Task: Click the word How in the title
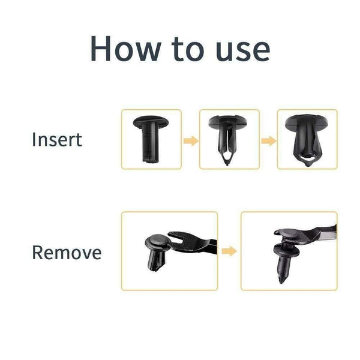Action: [125, 49]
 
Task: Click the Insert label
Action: [57, 139]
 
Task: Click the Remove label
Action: [67, 253]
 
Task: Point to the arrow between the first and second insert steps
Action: [191, 140]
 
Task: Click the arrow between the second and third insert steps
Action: [269, 140]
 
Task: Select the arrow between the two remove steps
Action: [229, 251]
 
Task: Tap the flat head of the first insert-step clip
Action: [151, 121]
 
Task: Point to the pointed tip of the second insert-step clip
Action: [227, 164]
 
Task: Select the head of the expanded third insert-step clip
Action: [307, 122]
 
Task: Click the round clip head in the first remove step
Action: [157, 242]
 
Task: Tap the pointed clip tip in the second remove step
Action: [282, 280]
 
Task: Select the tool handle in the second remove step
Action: [323, 233]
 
